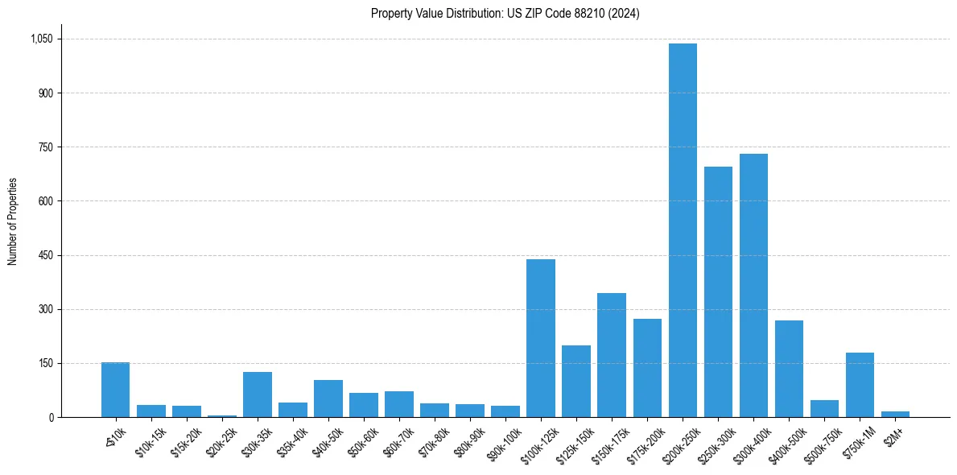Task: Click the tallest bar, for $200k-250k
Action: click(x=683, y=230)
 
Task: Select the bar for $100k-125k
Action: click(x=541, y=338)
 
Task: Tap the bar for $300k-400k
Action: click(x=753, y=286)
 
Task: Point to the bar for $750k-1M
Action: click(x=860, y=385)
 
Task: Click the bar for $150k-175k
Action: click(x=612, y=355)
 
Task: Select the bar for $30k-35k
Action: click(x=258, y=394)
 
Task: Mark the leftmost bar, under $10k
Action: click(x=116, y=390)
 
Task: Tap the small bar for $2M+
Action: click(x=895, y=414)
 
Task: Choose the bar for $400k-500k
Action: click(x=789, y=369)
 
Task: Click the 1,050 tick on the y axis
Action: click(x=41, y=39)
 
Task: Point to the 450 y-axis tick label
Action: click(x=46, y=255)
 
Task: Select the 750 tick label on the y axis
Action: click(x=46, y=147)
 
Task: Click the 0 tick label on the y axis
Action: click(x=51, y=417)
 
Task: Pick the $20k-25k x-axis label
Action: click(x=222, y=440)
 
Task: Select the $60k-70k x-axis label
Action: click(x=399, y=440)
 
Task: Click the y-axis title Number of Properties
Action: click(x=12, y=221)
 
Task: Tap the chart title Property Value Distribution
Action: click(x=505, y=14)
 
